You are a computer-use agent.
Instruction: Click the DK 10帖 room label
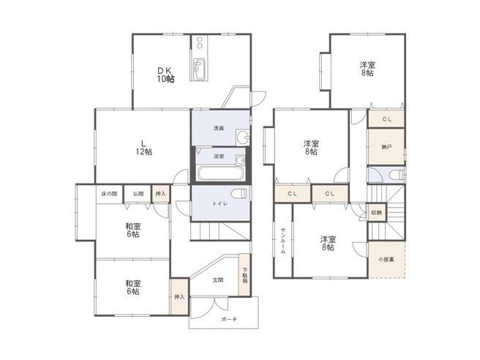pos(166,75)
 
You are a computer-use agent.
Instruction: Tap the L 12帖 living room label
pos(144,148)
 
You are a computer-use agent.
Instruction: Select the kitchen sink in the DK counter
pos(199,69)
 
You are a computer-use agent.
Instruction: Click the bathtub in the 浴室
pos(220,173)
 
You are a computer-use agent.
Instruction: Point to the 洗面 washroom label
pos(219,128)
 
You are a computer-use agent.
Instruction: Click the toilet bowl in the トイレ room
pos(239,194)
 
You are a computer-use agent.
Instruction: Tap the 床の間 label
pos(109,194)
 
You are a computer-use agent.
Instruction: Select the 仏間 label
pos(138,194)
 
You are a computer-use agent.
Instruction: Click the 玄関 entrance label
pos(217,280)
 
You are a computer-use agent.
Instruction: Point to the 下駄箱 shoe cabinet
pos(245,274)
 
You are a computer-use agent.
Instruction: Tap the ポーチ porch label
pos(229,319)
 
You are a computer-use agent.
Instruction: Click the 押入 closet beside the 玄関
pos(179,296)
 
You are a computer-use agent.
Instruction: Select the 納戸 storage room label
pos(386,147)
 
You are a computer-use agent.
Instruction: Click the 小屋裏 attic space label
pos(386,260)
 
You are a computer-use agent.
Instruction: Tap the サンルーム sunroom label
pos(283,241)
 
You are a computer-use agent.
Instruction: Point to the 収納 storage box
pos(377,212)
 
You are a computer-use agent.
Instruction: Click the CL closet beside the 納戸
pos(386,119)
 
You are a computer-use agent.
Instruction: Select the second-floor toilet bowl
pos(397,175)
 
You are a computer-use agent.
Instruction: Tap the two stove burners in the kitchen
pos(200,42)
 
